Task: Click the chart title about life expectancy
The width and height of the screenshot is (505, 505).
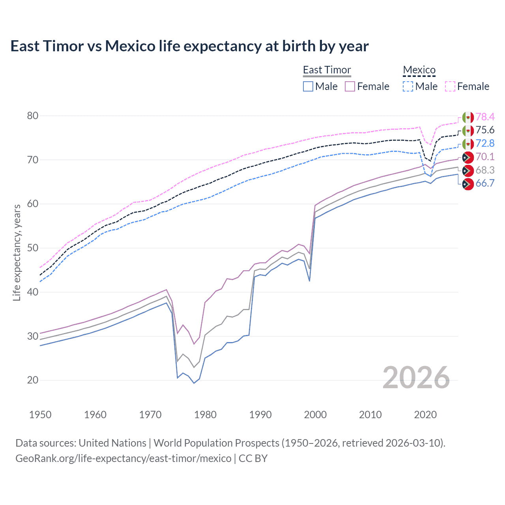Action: (189, 46)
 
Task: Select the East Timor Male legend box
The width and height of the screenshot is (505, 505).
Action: (308, 86)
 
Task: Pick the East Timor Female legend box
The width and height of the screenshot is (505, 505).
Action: (350, 86)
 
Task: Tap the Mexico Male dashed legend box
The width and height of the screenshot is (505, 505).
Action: (408, 86)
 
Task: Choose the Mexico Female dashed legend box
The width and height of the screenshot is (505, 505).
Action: (450, 86)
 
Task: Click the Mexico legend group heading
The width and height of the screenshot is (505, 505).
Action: (419, 70)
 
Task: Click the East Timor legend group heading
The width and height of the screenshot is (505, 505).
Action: (327, 70)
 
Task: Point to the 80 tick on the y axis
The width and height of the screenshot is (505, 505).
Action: (33, 116)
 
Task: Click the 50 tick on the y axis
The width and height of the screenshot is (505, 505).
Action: (33, 248)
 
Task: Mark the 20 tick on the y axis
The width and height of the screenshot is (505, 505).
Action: (33, 380)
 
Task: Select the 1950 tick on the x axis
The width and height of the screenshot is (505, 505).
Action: (40, 415)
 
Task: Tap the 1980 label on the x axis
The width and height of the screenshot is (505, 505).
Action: (205, 415)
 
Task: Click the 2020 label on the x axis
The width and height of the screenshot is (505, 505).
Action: (425, 415)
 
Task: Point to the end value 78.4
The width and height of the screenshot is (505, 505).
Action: (485, 117)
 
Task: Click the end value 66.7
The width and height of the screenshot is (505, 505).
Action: (485, 183)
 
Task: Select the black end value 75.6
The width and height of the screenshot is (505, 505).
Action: (485, 131)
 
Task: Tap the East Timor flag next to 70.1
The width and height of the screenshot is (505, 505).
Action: (468, 157)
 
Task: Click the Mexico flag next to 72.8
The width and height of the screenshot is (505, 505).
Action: (468, 144)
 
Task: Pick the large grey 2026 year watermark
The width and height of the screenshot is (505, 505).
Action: (416, 378)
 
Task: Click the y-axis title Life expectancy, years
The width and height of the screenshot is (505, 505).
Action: (17, 252)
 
